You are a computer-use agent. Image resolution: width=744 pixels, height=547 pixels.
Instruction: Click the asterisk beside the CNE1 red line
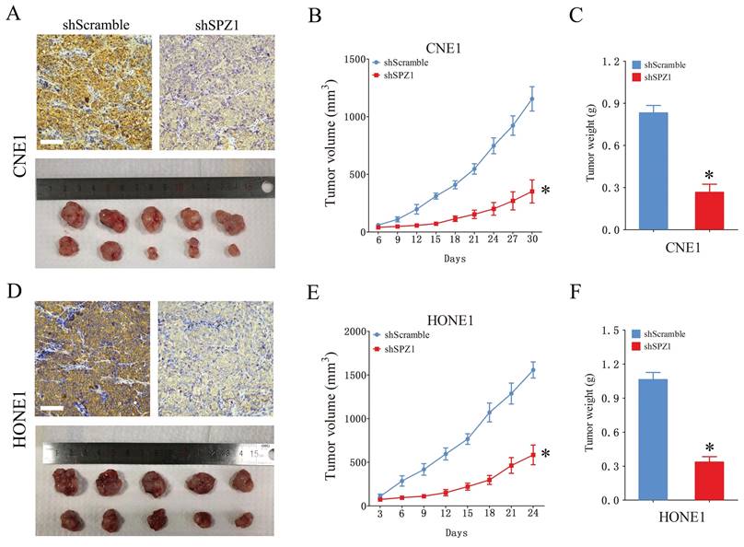pyautogui.click(x=545, y=191)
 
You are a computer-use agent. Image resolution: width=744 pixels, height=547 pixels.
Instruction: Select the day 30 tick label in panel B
pyautogui.click(x=531, y=241)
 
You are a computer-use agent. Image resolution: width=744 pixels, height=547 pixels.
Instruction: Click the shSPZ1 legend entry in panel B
pyautogui.click(x=402, y=76)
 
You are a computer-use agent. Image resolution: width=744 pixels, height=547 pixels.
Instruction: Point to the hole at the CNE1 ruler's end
pyautogui.click(x=267, y=187)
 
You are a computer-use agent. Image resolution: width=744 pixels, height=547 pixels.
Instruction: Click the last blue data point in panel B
pyautogui.click(x=531, y=99)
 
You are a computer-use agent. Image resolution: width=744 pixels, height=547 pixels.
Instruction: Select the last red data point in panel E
pyautogui.click(x=531, y=454)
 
